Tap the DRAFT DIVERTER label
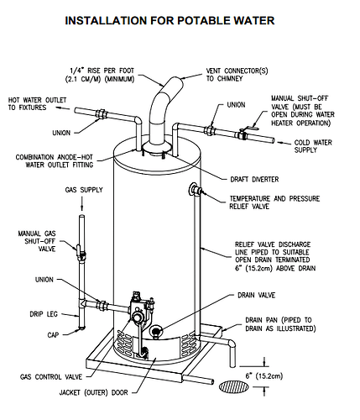click(x=254, y=179)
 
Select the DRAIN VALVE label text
click(x=257, y=295)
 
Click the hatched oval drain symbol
click(x=234, y=387)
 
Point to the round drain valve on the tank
click(x=155, y=331)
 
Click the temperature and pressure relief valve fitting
click(x=196, y=190)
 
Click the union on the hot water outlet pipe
click(x=101, y=115)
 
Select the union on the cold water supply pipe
click(x=209, y=130)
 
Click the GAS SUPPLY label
click(x=84, y=190)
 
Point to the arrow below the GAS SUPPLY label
click(x=82, y=203)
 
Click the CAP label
click(x=53, y=334)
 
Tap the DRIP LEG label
click(x=44, y=314)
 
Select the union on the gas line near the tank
click(x=102, y=304)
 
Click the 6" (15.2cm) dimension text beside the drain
click(x=264, y=375)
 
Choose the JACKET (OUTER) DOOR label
click(x=94, y=392)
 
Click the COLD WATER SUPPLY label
click(x=313, y=146)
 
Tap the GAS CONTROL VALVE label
click(x=51, y=377)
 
